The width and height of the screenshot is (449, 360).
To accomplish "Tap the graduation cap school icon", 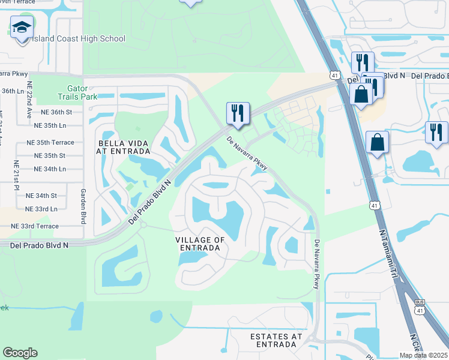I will click(x=22, y=28).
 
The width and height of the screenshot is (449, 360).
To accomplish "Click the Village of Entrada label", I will click(x=200, y=244).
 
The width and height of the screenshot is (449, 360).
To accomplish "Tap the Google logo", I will click(x=20, y=353).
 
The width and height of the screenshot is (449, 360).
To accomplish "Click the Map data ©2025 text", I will click(x=424, y=355).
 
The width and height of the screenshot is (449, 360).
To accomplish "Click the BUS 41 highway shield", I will click(x=420, y=307).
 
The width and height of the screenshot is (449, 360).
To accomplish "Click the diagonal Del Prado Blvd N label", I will click(x=150, y=201).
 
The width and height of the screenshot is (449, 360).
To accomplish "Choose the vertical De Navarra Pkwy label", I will click(x=316, y=265).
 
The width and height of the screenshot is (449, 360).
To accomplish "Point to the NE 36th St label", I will click(x=53, y=112).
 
